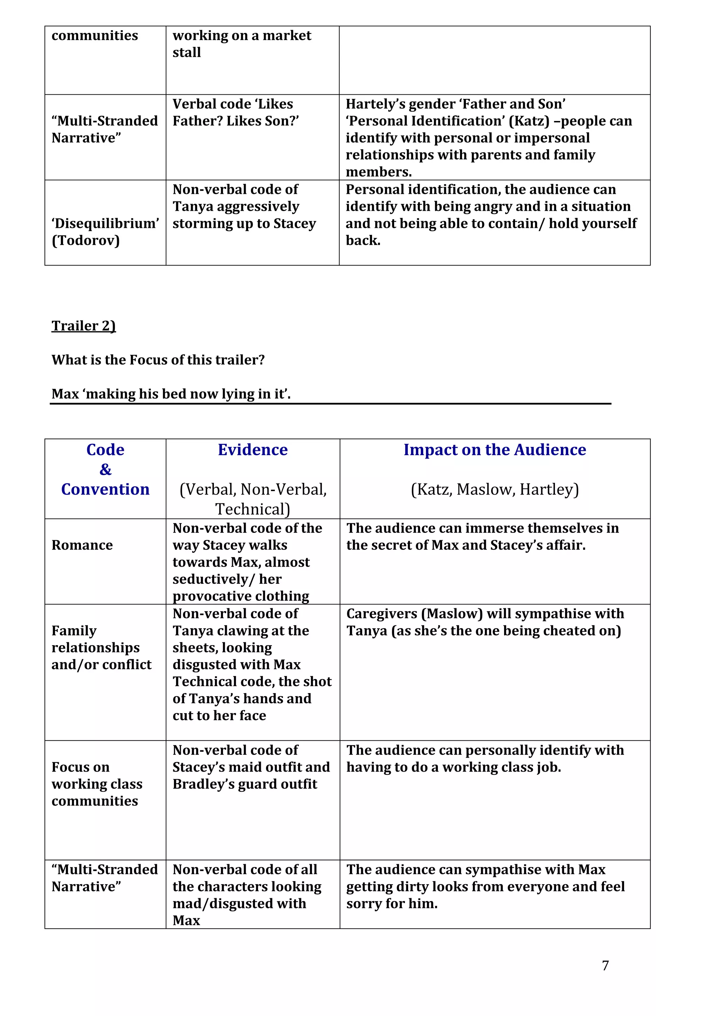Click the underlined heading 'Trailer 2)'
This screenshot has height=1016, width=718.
pos(83,326)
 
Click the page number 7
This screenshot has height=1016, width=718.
pos(605,965)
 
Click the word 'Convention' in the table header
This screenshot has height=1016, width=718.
pos(105,489)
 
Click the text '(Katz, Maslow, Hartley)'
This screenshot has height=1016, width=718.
pos(495,489)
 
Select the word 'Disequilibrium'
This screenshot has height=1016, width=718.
pos(105,223)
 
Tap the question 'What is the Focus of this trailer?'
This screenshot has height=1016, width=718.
pos(158,360)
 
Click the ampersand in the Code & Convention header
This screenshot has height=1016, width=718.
pos(105,469)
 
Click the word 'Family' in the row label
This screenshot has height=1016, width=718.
pos(74,631)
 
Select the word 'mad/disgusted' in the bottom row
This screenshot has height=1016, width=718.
pos(239,903)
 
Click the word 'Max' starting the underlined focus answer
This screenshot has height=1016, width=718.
pos(65,394)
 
